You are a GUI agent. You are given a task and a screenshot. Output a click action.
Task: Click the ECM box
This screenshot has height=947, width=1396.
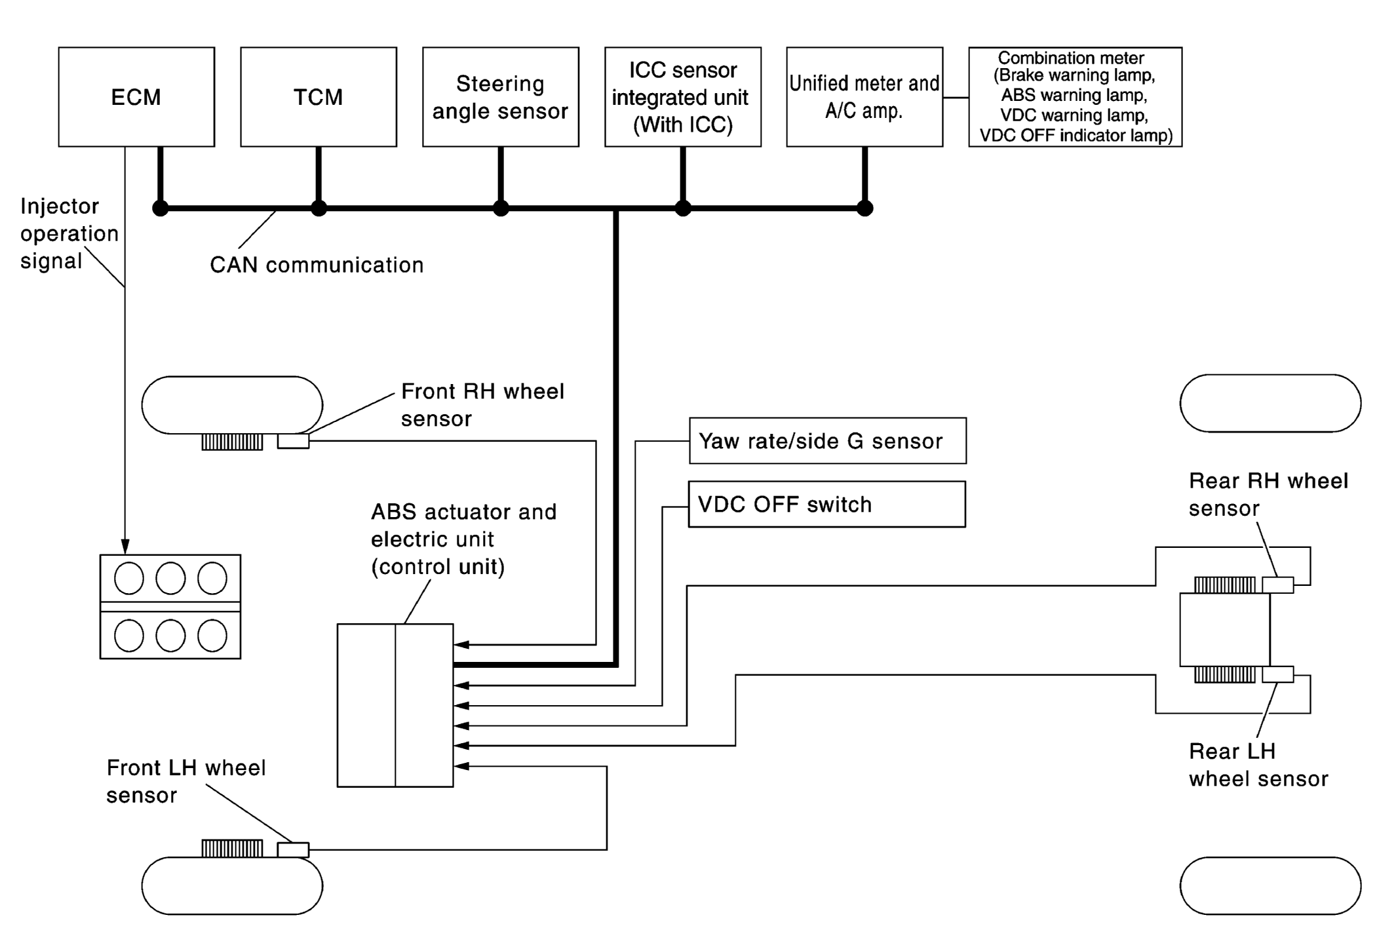tap(136, 97)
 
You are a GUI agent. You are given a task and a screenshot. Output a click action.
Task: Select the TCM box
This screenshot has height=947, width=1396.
tap(319, 97)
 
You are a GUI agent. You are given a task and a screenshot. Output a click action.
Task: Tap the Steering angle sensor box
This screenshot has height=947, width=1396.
tap(501, 97)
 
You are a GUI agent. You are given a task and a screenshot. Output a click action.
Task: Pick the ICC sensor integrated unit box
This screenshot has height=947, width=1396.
tap(682, 97)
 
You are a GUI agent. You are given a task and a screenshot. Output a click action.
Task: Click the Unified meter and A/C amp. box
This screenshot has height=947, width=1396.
tap(864, 97)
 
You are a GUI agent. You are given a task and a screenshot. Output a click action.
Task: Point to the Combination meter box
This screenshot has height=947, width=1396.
tap(1075, 97)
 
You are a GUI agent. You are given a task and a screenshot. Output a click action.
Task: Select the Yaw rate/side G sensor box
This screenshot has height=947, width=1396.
tap(827, 441)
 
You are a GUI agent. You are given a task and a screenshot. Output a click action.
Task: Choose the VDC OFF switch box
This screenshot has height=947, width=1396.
tap(826, 505)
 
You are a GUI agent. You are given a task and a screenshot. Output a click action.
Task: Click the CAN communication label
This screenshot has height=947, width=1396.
tap(317, 265)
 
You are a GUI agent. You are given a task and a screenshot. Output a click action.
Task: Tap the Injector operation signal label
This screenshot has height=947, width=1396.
tap(69, 233)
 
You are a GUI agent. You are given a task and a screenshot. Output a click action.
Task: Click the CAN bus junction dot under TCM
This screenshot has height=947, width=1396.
tap(319, 208)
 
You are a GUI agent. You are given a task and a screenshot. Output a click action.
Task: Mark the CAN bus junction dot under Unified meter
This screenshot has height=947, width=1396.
tap(865, 208)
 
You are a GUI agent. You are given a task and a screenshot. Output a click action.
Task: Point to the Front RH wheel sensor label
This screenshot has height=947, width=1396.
tap(482, 405)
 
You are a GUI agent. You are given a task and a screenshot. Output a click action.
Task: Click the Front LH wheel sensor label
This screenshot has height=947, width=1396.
tap(186, 781)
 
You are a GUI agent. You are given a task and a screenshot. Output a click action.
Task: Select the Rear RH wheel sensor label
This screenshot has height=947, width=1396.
tap(1268, 494)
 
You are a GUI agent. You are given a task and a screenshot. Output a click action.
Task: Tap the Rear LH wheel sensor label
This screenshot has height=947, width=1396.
tap(1258, 765)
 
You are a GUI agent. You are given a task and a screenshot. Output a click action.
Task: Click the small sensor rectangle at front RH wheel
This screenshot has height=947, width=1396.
tap(293, 441)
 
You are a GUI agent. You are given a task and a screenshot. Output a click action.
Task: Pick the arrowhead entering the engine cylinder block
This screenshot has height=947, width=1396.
tap(125, 547)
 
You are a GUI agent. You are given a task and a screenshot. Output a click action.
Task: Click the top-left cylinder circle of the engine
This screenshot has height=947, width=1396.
tap(129, 578)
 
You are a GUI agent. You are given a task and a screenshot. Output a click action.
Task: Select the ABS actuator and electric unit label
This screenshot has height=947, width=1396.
tap(463, 539)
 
